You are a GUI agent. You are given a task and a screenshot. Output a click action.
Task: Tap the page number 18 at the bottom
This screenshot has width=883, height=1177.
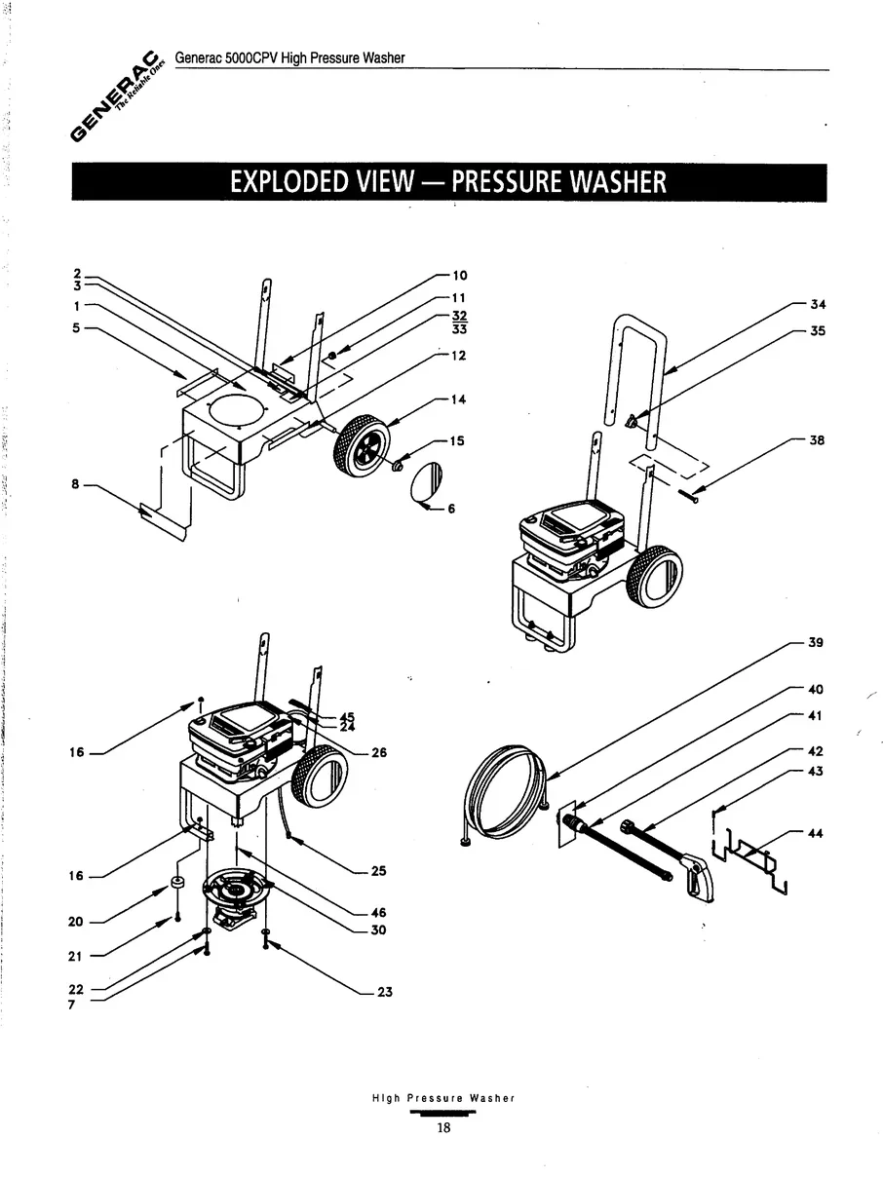[x=443, y=1128]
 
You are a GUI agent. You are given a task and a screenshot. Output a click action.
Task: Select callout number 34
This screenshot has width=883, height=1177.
[x=818, y=304]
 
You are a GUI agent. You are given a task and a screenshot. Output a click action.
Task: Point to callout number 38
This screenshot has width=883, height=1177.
[x=817, y=440]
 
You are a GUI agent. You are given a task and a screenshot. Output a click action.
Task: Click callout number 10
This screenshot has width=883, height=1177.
[x=460, y=276]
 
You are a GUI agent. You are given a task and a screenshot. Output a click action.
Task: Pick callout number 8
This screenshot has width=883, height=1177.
[x=74, y=483]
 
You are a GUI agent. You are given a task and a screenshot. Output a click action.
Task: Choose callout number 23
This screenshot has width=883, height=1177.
[x=384, y=993]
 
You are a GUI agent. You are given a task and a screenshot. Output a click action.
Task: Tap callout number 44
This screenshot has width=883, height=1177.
[x=816, y=833]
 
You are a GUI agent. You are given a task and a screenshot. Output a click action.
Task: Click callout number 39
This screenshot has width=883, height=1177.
[x=816, y=643]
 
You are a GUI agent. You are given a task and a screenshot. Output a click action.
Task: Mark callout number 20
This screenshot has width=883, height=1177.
[x=75, y=922]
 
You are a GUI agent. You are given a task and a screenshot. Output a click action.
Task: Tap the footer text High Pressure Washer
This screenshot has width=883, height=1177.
[x=443, y=1098]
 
